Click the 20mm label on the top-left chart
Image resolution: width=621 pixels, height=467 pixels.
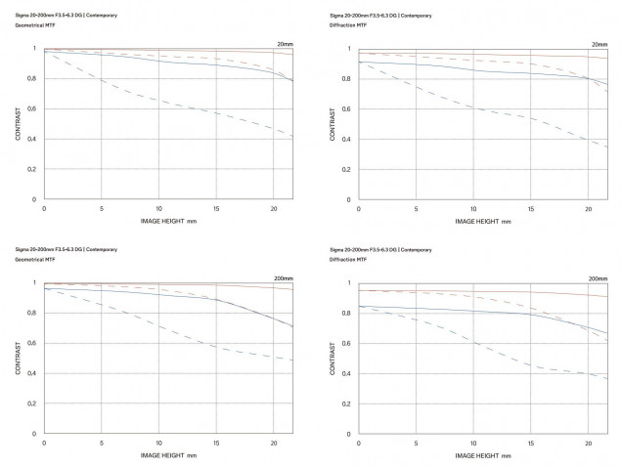point(284,44)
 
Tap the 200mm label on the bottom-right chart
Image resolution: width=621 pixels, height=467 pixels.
point(597,278)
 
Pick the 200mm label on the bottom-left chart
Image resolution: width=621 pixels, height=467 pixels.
point(282,278)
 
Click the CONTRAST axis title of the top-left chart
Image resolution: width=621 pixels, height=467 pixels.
point(18,124)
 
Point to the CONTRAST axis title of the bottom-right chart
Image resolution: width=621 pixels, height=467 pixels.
point(333,359)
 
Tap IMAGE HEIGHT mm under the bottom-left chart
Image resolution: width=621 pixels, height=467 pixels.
point(164,456)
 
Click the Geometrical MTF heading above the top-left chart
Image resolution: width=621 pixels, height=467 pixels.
point(37,24)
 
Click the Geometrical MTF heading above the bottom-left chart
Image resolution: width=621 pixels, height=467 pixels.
point(37,259)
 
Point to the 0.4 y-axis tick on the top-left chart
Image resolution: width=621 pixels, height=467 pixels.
point(34,139)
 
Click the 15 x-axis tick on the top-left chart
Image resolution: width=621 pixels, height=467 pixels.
point(216,209)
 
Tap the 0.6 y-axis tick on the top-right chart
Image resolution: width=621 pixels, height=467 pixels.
point(349,108)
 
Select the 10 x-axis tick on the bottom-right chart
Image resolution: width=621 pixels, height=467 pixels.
point(474,444)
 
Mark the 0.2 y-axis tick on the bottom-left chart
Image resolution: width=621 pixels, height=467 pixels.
point(34,403)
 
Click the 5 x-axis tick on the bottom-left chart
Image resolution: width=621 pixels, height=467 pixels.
point(102,444)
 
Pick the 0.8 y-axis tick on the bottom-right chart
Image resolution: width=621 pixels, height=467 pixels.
point(349,313)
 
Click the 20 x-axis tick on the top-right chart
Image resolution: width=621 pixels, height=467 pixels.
point(588,209)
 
